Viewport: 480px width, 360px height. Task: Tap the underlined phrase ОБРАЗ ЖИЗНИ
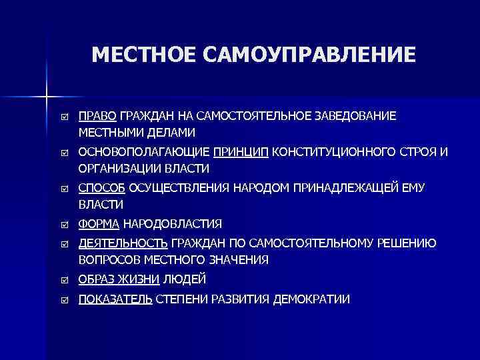pos(119,279)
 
